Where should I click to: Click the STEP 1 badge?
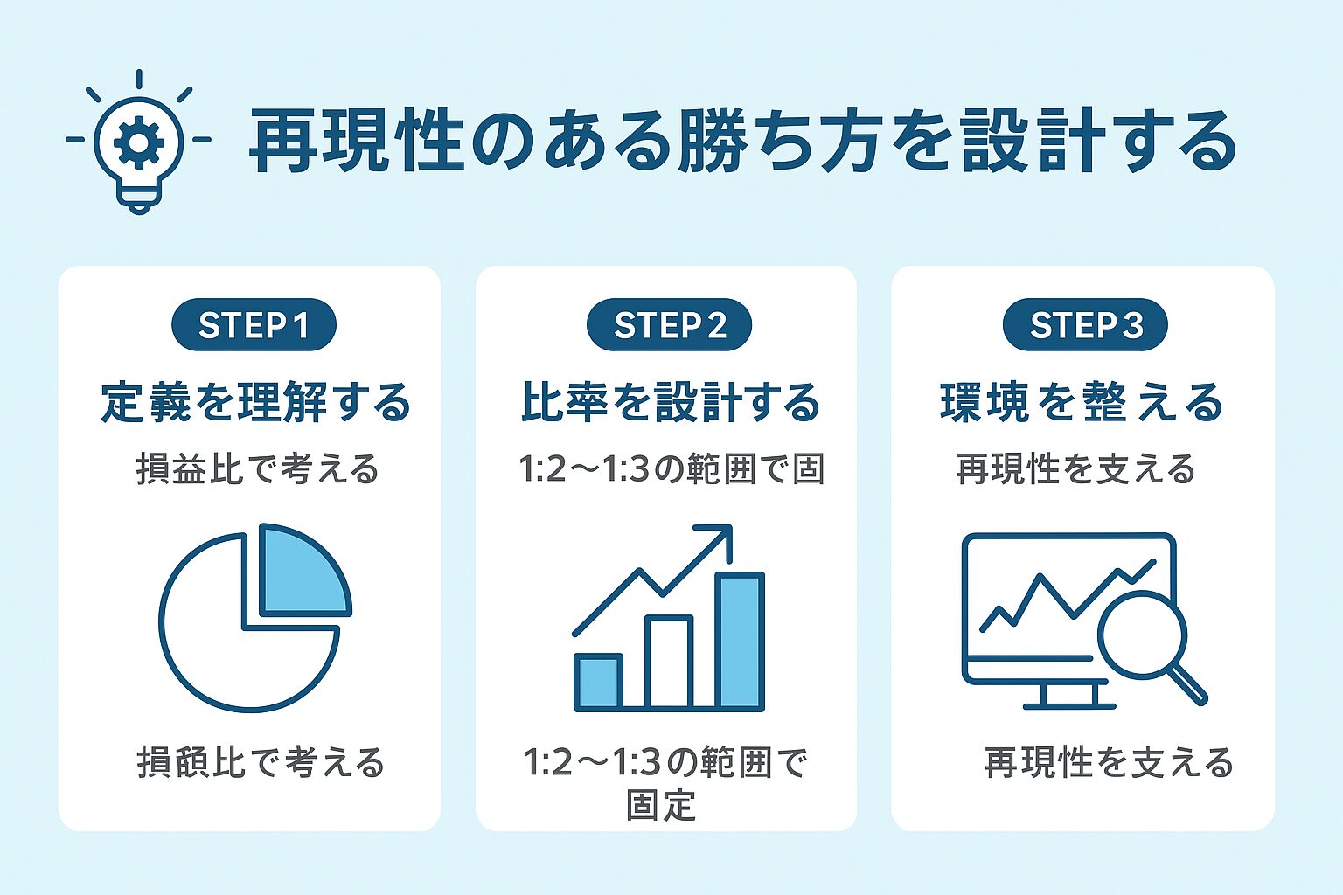click(x=254, y=325)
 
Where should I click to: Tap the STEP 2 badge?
click(x=669, y=325)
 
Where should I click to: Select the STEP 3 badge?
click(x=1085, y=325)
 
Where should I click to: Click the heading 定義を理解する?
click(x=255, y=403)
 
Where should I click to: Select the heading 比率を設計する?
click(x=671, y=403)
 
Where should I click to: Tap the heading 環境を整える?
click(x=1082, y=403)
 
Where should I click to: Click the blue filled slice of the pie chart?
click(x=299, y=572)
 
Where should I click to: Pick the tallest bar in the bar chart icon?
click(x=740, y=640)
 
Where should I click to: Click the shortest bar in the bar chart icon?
click(x=598, y=682)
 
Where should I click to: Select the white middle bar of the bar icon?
click(x=669, y=662)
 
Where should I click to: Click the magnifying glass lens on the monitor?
click(x=1142, y=634)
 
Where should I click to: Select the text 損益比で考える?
click(x=257, y=470)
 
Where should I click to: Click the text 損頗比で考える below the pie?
click(x=261, y=763)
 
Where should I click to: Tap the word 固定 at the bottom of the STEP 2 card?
click(x=661, y=805)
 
